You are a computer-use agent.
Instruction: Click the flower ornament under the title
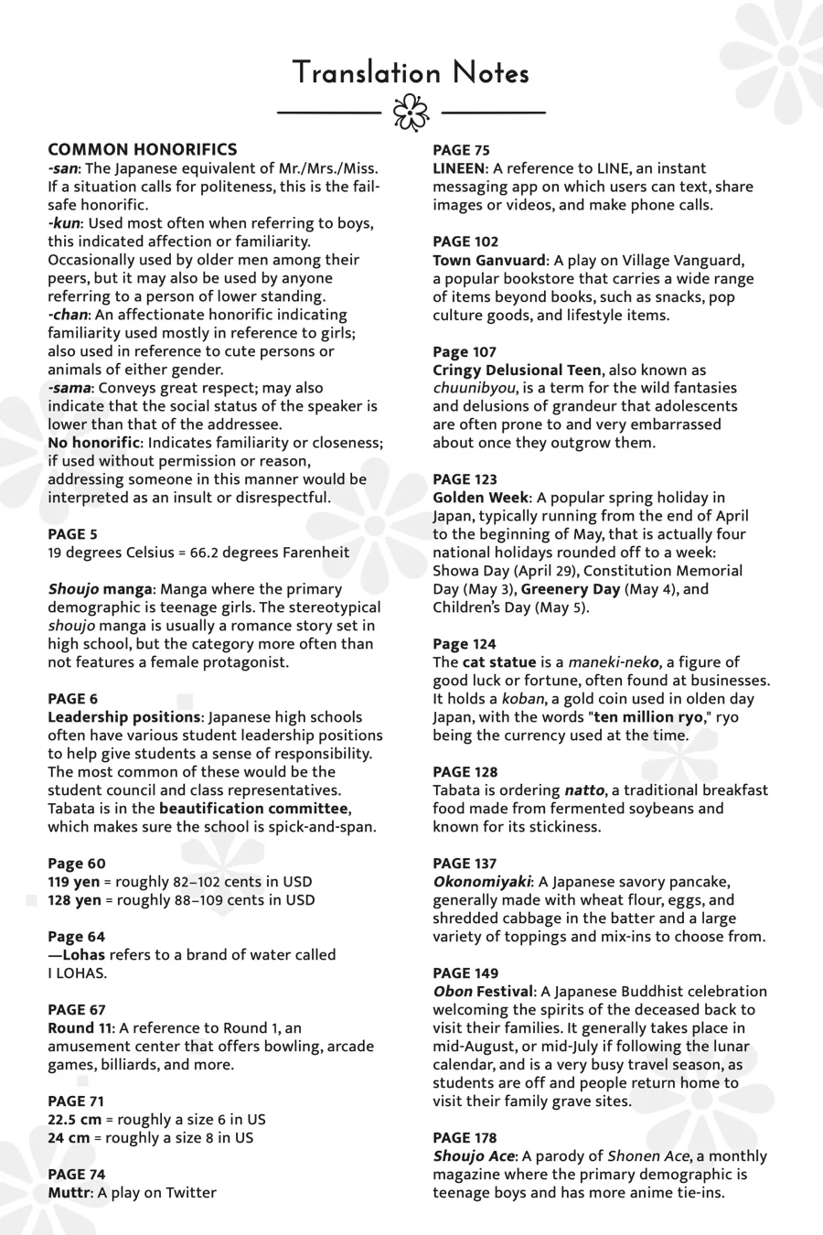411,113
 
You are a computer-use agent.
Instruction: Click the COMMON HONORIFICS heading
142,149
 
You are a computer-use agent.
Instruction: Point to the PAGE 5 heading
72,534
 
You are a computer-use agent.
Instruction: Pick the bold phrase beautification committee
253,809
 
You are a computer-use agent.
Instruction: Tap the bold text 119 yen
74,882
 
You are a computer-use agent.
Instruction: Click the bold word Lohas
83,955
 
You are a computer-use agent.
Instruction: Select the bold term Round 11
80,1028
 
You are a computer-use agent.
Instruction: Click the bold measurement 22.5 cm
75,1120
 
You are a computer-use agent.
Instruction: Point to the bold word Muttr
69,1193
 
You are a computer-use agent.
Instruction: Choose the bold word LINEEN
458,168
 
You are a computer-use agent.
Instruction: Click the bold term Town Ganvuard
489,260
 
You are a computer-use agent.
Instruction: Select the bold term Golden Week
480,498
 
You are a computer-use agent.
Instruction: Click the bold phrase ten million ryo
648,717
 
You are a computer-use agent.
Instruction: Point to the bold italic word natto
583,790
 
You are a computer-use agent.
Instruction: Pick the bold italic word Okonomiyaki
481,882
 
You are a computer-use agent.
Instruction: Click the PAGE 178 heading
465,1138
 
